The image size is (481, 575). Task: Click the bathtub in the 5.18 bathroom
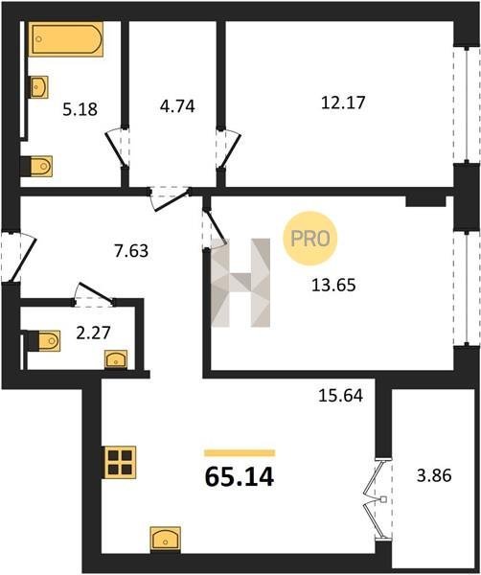pos(66,39)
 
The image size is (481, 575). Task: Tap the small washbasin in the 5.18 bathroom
pos(39,87)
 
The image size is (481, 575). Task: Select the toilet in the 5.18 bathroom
pos(41,166)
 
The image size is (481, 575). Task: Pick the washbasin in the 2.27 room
pos(116,359)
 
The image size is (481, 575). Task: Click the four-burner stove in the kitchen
pos(121,462)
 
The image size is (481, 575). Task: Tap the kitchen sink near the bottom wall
pos(166,539)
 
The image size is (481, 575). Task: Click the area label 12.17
pos(343,103)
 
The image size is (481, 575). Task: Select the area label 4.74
pos(177,106)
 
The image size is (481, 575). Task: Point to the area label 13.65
pos(333,285)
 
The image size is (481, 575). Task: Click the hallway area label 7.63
pos(131,251)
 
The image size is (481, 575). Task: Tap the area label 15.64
pos(340,395)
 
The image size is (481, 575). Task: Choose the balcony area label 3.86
pos(434,475)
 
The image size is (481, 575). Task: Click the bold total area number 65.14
pos(239,477)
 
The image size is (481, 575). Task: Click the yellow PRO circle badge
pos(310,239)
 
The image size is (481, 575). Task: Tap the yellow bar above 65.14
pos(240,453)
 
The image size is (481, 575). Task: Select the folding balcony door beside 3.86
pos(378,499)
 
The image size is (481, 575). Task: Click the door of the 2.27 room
pos(95,294)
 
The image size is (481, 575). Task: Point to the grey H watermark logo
pos(240,283)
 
